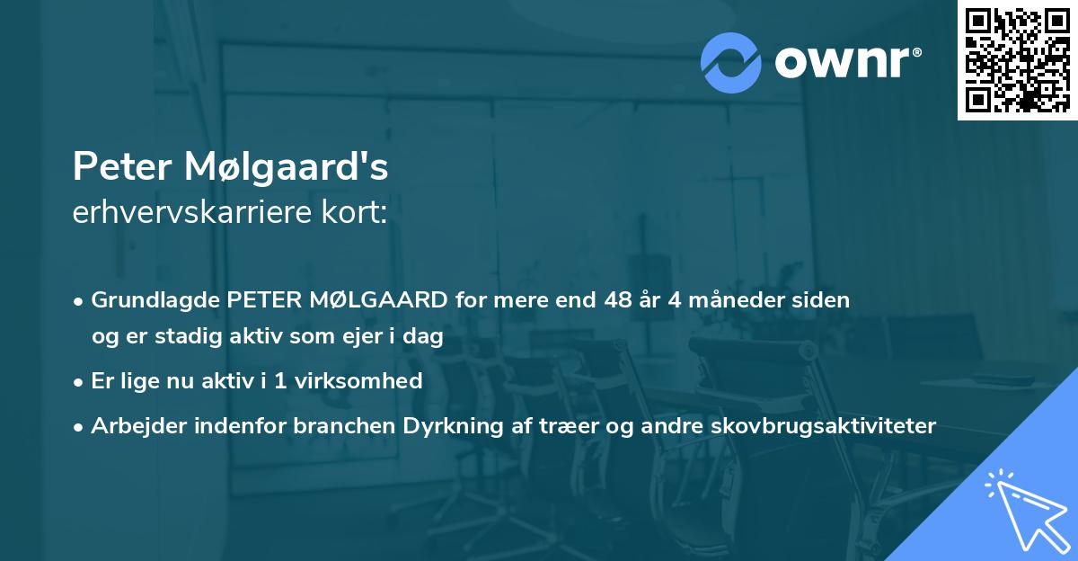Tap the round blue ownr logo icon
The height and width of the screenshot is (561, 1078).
[x=730, y=62]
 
